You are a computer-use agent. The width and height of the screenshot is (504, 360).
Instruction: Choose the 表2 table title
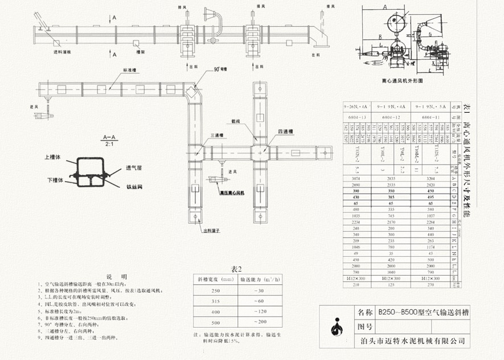coord(236,269)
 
